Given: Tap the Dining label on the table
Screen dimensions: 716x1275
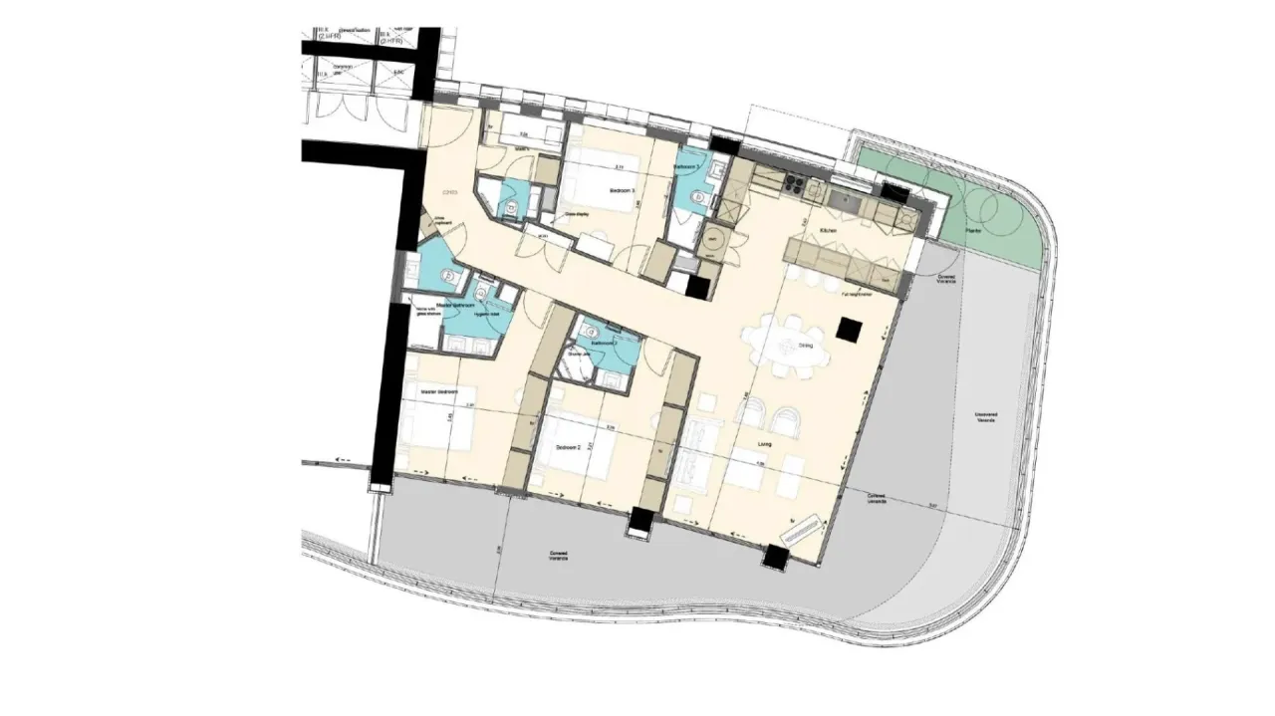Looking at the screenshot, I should tap(805, 346).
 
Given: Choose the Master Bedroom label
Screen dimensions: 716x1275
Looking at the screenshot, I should tap(437, 392).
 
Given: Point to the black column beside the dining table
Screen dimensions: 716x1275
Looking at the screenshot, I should tap(850, 330).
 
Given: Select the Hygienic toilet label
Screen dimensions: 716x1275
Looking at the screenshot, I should tap(487, 314).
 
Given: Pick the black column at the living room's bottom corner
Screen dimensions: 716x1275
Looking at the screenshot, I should tap(775, 558).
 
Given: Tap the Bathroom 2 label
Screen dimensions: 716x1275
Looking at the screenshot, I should tap(604, 343).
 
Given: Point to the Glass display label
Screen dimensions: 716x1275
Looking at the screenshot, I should tap(576, 214).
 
